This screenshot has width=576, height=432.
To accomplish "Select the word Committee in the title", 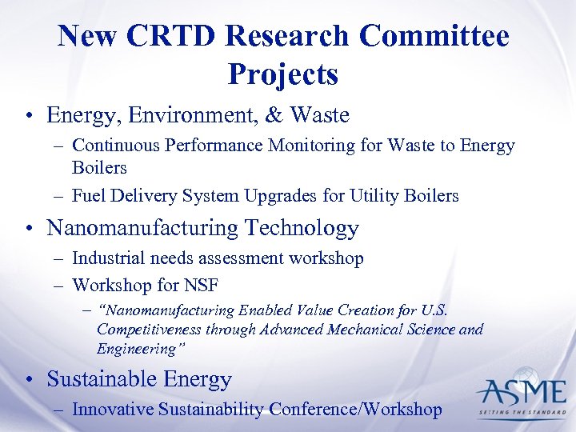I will click(x=434, y=37).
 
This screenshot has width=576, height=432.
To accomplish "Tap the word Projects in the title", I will click(x=282, y=75).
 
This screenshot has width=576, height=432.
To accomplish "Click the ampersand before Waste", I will click(x=274, y=115).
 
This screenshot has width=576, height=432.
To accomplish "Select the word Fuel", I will click(x=87, y=195).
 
